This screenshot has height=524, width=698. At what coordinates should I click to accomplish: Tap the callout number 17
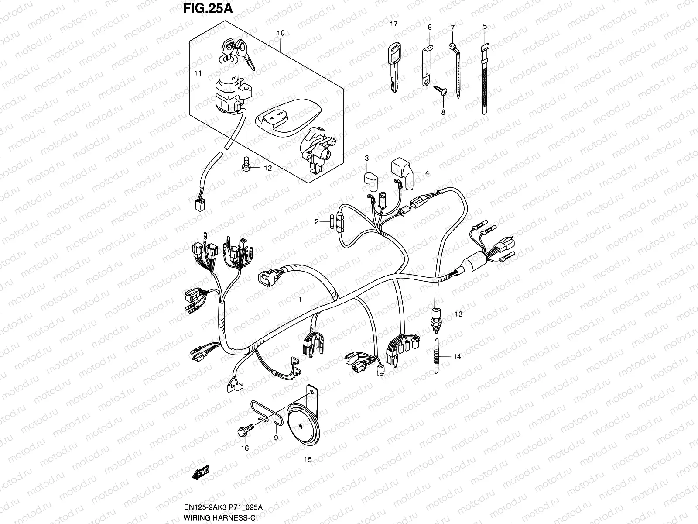point(393,24)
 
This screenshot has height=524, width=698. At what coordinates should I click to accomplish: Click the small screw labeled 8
point(439,90)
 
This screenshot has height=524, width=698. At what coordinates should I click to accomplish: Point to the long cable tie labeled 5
point(484,79)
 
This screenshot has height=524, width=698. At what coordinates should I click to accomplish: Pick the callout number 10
point(281,33)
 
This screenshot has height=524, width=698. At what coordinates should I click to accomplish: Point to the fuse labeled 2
point(335,222)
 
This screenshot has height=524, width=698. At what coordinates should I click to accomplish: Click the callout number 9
point(276,437)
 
